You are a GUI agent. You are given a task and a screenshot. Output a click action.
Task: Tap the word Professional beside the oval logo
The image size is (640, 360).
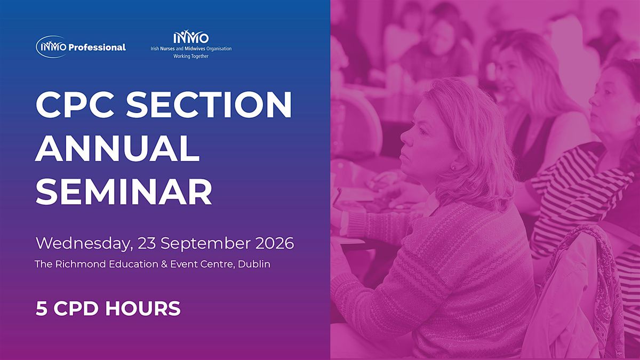click(97, 47)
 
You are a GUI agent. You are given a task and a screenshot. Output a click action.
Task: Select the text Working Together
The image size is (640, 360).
click(191, 57)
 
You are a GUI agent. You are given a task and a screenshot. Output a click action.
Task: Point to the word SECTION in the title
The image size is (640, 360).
click(209, 105)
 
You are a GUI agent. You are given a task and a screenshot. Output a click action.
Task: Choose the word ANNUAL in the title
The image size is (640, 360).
click(117, 148)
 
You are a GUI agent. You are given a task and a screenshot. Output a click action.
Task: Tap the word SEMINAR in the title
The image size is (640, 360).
click(124, 191)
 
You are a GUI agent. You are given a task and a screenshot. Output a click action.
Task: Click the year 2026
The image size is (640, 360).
click(275, 243)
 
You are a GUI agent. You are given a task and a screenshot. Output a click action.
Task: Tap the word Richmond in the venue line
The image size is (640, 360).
click(81, 264)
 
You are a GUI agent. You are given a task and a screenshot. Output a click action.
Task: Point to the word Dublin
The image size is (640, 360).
click(254, 264)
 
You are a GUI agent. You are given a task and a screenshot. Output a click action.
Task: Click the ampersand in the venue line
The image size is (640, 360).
click(164, 265)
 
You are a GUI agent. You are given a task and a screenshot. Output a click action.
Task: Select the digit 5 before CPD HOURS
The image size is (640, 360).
click(41, 309)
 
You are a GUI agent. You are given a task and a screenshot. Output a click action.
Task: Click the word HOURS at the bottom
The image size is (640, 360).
click(143, 309)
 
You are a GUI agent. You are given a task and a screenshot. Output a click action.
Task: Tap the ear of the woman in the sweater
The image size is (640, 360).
click(452, 166)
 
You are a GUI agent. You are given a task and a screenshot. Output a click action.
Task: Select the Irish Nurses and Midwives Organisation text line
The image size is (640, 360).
click(191, 49)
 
